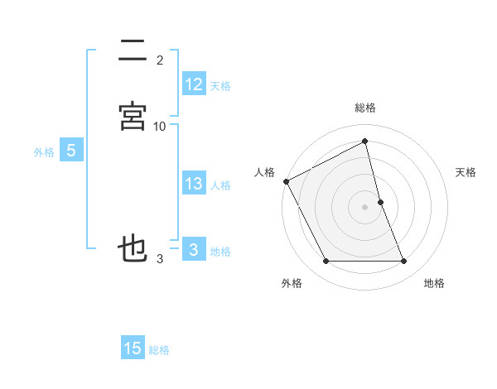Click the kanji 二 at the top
point(133,50)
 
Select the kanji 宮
point(133,116)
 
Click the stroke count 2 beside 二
point(160,60)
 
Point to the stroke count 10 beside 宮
point(160,127)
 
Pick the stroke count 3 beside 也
point(160,259)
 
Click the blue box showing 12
point(194,84)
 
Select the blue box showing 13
point(194,184)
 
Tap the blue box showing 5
point(71,151)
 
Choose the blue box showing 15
point(133,348)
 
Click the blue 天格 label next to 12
point(220,86)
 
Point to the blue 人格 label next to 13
point(220,185)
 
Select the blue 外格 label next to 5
point(44,152)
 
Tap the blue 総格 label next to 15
point(159,350)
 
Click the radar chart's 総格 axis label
point(365,108)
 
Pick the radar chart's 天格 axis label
point(466,172)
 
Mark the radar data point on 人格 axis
point(286,181)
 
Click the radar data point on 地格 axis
point(404,262)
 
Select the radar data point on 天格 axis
point(381,202)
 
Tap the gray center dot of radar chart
point(365,207)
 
